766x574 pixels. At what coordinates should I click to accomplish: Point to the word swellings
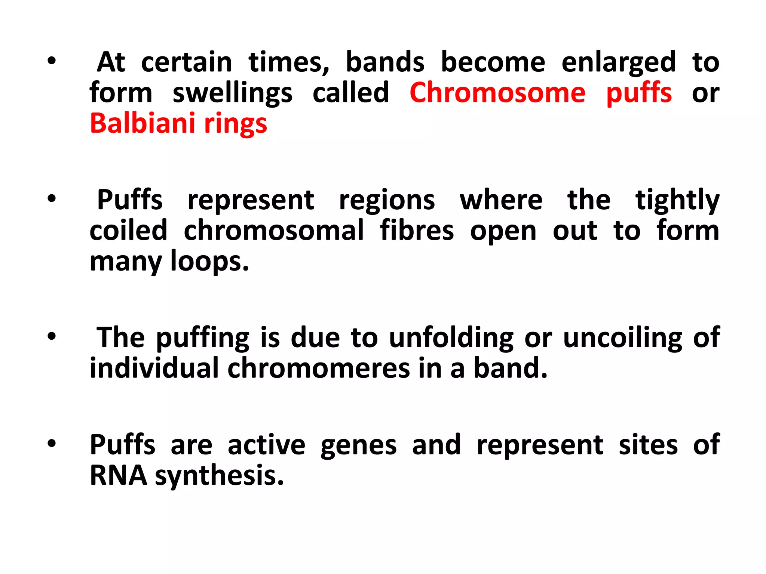(232, 93)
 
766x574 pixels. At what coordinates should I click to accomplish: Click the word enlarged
(619, 63)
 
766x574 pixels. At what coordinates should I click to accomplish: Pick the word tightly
(677, 201)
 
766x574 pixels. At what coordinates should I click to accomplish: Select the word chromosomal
(273, 231)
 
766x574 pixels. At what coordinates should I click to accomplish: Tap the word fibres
(417, 231)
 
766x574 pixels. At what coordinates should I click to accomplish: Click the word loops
(209, 262)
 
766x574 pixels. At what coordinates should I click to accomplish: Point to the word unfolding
(451, 338)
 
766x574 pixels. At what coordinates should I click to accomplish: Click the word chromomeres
(319, 368)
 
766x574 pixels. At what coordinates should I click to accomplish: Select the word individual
(154, 368)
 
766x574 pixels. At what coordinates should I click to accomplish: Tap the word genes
(358, 446)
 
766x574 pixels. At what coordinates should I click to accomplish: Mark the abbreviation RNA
(119, 476)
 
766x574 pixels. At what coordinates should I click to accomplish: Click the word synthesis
(219, 476)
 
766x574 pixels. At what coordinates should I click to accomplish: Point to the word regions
(387, 201)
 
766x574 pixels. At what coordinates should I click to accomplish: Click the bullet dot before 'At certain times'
(52, 61)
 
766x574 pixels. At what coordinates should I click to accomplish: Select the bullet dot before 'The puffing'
(52, 336)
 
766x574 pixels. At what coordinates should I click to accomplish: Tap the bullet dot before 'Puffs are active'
(52, 444)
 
